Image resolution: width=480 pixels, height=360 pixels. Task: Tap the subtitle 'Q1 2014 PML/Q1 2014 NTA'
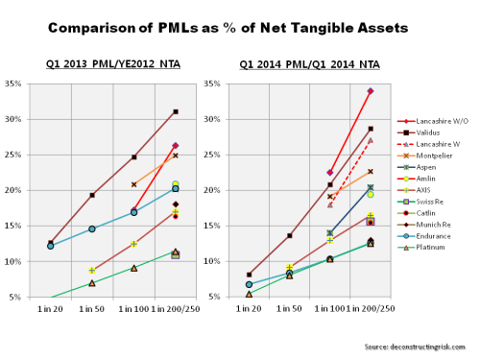coord(305,67)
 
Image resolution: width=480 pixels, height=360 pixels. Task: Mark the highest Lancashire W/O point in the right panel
coord(371,91)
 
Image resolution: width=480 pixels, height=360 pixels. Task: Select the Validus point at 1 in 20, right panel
coord(249,275)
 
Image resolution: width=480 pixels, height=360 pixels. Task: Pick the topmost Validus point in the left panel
coord(176,111)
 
